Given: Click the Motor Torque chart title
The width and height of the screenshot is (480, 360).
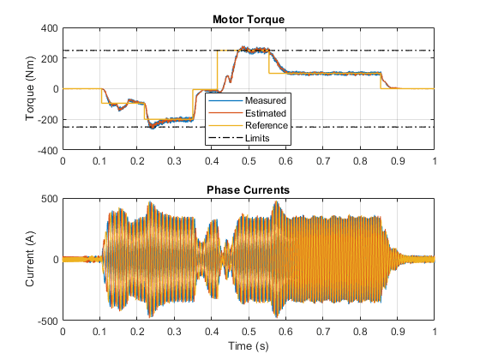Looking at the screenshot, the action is click(249, 20).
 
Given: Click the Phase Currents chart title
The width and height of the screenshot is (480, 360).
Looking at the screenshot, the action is click(249, 190).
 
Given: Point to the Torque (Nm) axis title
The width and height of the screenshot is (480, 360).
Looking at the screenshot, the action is click(30, 88).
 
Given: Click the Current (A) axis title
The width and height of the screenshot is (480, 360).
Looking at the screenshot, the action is click(30, 259).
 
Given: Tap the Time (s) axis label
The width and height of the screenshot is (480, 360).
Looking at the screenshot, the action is click(249, 346).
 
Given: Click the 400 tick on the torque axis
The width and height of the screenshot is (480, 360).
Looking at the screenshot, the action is click(50, 28).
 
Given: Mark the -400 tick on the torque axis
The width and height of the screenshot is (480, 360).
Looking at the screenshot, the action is click(48, 151).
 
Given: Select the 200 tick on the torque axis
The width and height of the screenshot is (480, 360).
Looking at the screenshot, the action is click(50, 59).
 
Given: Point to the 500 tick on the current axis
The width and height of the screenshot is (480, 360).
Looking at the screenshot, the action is click(50, 199).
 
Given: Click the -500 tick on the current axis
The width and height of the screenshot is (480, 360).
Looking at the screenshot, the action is click(48, 321).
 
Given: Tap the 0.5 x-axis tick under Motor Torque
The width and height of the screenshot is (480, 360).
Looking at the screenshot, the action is click(249, 161).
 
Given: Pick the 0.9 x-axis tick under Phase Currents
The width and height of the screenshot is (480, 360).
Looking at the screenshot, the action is click(398, 332).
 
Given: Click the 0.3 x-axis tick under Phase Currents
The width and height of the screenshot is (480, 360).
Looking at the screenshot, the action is click(174, 332).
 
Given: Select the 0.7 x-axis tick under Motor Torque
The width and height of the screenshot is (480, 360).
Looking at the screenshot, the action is click(323, 161).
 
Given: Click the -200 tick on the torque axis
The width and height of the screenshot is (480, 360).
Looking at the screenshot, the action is click(48, 120).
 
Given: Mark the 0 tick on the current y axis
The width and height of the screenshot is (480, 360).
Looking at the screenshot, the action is click(56, 260).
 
